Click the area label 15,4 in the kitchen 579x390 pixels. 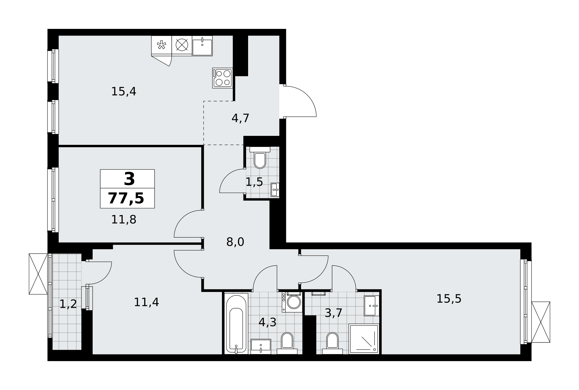point(124,92)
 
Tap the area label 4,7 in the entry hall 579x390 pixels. point(240,118)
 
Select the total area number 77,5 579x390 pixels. point(126,199)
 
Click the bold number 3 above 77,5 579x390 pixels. point(129,179)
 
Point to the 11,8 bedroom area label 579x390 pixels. point(124,220)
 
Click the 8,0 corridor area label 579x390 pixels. point(235,242)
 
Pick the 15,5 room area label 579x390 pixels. point(449,299)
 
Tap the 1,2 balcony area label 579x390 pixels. point(68,304)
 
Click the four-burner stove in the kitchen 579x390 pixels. point(223,78)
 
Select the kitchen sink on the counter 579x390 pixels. point(202,46)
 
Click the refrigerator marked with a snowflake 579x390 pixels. point(162,45)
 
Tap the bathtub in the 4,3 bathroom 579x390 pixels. point(236,323)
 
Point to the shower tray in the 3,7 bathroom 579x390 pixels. point(364,339)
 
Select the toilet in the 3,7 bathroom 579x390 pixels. point(332,343)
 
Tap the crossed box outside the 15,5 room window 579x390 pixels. point(541,322)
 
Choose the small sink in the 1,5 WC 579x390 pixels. point(275,190)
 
